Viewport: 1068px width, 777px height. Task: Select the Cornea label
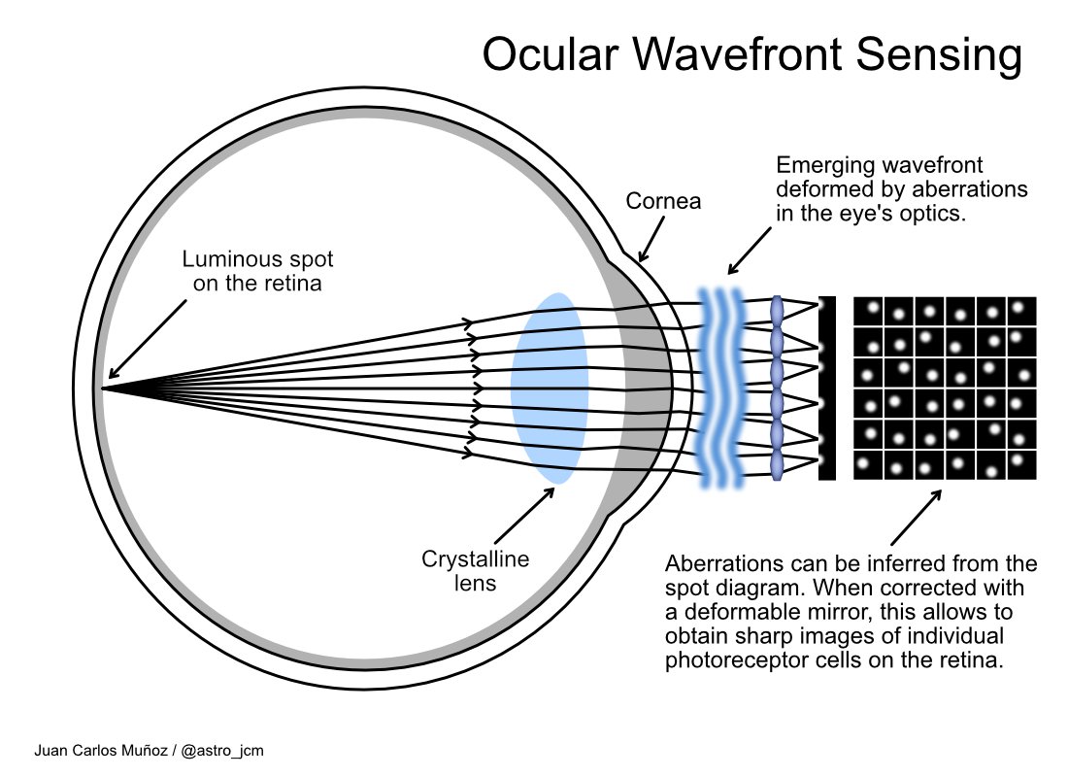pyautogui.click(x=663, y=201)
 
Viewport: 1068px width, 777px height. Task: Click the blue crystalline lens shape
pyautogui.click(x=550, y=388)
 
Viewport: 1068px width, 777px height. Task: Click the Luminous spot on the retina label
pyautogui.click(x=257, y=271)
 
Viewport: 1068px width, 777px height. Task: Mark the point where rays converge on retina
pyautogui.click(x=103, y=388)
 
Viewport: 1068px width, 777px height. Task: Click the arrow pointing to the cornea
pyautogui.click(x=652, y=239)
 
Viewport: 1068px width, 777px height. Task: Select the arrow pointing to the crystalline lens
pyautogui.click(x=524, y=515)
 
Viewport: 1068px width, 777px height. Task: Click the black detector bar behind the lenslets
pyautogui.click(x=827, y=388)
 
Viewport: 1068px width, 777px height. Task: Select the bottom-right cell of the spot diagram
pyautogui.click(x=1021, y=464)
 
